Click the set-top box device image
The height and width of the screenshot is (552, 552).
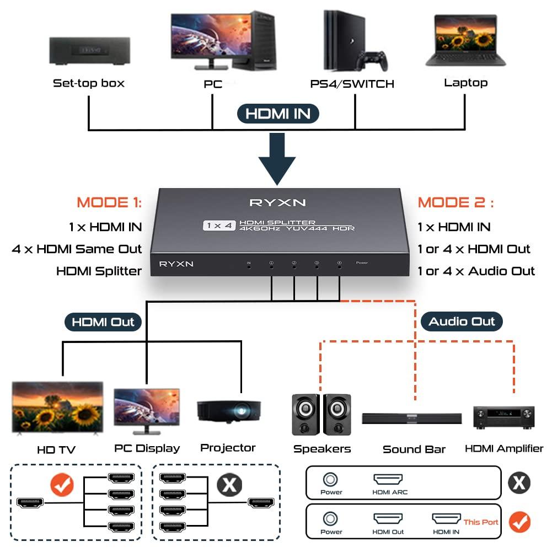coord(88,51)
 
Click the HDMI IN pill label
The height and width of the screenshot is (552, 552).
coord(278,114)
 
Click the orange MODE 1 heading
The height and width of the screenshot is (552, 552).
coord(109,202)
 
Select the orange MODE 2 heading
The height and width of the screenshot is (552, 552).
coord(455,202)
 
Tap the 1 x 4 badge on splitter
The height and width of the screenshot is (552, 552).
coord(219,225)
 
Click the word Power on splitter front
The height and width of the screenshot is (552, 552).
coord(362,263)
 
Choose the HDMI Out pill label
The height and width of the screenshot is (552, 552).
coord(103,322)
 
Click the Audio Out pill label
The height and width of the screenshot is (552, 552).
coord(462,322)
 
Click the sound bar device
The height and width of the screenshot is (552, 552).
coord(411,419)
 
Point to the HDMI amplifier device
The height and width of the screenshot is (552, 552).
coord(504,417)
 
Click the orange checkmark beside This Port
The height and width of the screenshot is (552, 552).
coord(519,522)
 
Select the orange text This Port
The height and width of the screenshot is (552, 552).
coord(480,522)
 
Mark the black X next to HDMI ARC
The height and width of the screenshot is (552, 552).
coord(518,483)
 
